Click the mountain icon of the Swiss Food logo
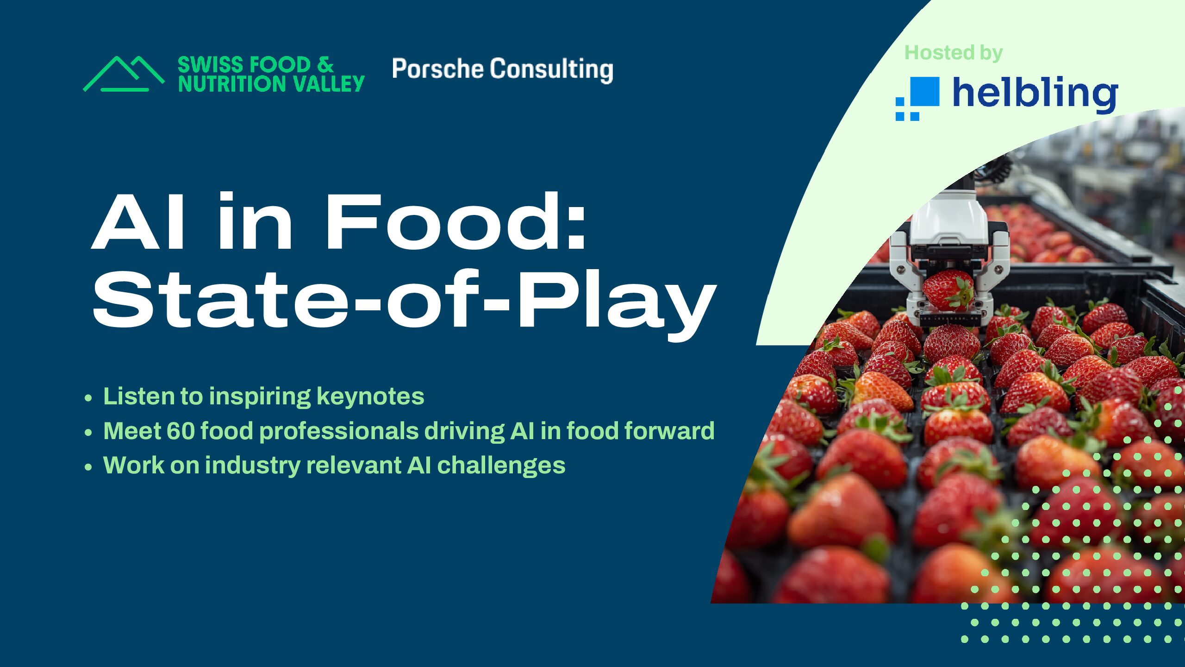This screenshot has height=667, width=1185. pos(124,74)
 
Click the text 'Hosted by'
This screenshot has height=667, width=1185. pos(954,53)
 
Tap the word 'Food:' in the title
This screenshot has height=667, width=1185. pos(456,222)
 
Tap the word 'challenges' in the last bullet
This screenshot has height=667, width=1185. pos(501,466)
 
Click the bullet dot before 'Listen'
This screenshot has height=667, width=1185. pos(88,398)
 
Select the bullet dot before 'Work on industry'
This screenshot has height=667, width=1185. pos(88,467)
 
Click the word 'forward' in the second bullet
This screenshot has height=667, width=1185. pos(669,431)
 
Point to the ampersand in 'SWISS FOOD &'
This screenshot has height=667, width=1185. pos(325,64)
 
